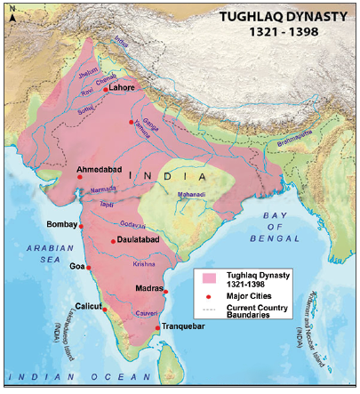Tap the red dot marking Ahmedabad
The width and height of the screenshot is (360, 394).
[x=79, y=177]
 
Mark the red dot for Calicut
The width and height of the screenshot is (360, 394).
[x=105, y=310]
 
